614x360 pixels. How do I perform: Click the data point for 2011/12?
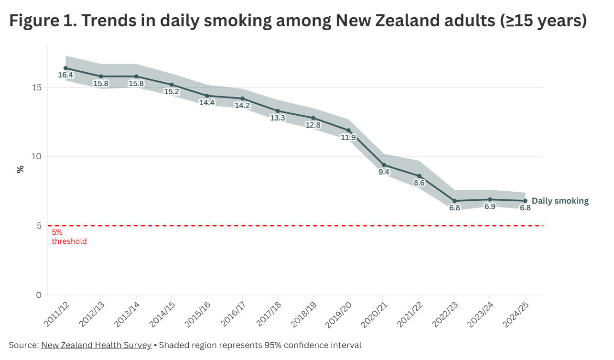(x=65, y=68)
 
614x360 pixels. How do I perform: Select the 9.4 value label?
(x=384, y=172)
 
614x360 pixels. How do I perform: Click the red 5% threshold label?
(x=69, y=237)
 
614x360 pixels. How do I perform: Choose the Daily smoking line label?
(x=560, y=201)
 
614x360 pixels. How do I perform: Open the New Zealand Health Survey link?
(x=96, y=345)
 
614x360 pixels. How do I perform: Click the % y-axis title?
(x=21, y=169)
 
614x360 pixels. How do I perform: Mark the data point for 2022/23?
(x=454, y=201)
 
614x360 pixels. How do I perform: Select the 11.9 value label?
(x=348, y=138)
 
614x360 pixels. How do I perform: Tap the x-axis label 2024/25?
(x=515, y=314)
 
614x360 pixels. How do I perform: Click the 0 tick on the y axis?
(x=39, y=295)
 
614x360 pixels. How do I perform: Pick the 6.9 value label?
(x=490, y=207)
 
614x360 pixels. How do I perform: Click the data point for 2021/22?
(x=419, y=176)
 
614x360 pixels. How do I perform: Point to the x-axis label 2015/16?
(x=197, y=314)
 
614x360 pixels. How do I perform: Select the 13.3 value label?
(x=278, y=118)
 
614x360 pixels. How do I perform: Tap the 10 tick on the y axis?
(x=36, y=157)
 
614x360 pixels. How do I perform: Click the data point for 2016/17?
(x=242, y=98)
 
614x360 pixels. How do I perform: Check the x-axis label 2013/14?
(x=126, y=314)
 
